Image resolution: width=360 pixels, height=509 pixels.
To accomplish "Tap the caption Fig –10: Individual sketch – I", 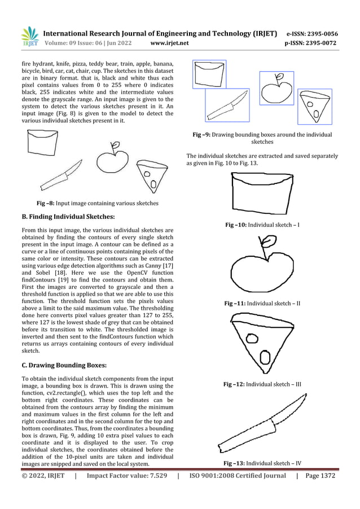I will tap(262, 225).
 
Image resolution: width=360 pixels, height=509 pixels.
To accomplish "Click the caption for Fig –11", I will tap(262, 304).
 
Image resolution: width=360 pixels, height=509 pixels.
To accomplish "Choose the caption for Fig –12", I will tap(262, 384).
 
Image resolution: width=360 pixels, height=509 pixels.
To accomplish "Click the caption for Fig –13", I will tap(262, 463).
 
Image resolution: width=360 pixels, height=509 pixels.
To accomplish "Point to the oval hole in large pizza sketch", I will tap(263, 357).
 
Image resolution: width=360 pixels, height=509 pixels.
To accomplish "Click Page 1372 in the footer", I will tap(320, 476).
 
